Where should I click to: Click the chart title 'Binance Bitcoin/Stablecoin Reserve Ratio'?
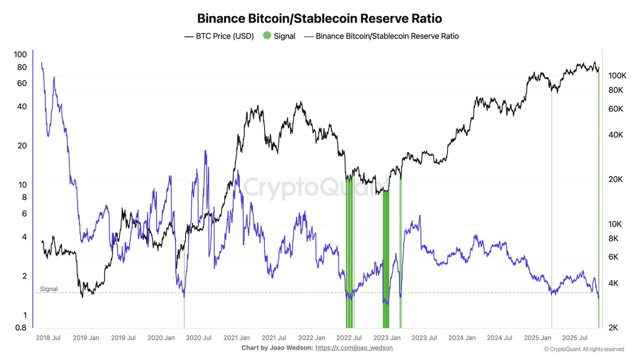pyautogui.click(x=319, y=18)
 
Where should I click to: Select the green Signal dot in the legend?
pyautogui.click(x=267, y=36)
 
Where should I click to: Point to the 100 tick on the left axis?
pyautogui.click(x=20, y=54)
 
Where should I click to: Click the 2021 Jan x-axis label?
pyautogui.click(x=237, y=338)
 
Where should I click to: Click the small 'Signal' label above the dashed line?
pyautogui.click(x=49, y=289)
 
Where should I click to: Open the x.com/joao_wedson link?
pyautogui.click(x=354, y=348)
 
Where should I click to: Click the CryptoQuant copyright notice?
pyautogui.click(x=583, y=349)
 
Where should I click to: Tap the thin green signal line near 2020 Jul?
pyautogui.click(x=184, y=312)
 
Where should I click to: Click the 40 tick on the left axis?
pyautogui.click(x=21, y=106)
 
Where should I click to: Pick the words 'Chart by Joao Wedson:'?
pyautogui.click(x=277, y=348)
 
